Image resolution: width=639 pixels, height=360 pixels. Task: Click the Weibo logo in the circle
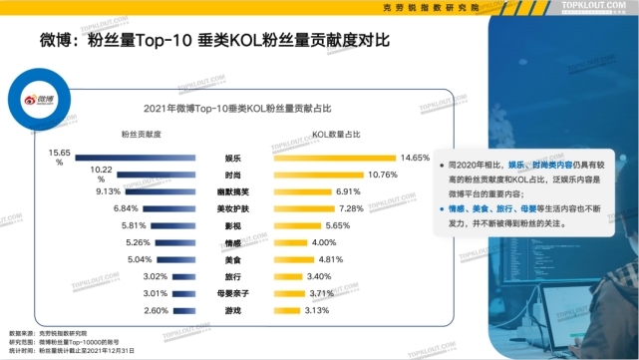pyautogui.click(x=40, y=100)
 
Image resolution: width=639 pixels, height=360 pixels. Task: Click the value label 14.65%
pyautogui.click(x=415, y=158)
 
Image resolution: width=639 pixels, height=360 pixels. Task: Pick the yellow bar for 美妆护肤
pyautogui.click(x=299, y=208)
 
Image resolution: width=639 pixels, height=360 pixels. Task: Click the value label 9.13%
pyautogui.click(x=107, y=190)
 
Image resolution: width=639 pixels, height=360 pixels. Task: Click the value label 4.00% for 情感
pyautogui.click(x=325, y=242)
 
